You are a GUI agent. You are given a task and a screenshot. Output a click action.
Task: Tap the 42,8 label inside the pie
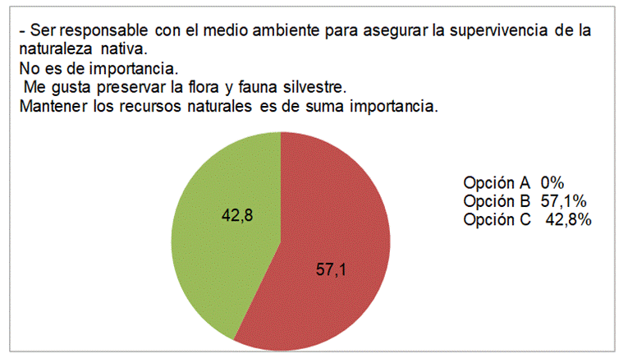[237, 215]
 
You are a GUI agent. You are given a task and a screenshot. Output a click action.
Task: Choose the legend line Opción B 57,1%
[523, 201]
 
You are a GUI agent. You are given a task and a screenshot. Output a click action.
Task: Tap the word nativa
[121, 48]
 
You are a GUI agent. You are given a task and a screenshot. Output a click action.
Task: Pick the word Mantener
[51, 106]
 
